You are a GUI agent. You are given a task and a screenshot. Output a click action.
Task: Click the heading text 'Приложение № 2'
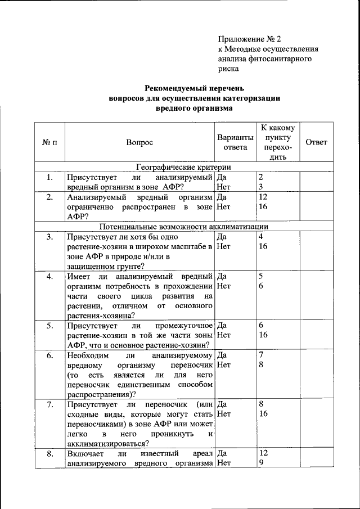pos(249,39)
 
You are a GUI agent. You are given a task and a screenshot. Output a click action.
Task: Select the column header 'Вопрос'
pos(139,142)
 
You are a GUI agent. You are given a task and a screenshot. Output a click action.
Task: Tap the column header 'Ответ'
pos(316,142)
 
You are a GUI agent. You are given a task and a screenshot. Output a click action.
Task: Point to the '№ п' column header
pos(49,142)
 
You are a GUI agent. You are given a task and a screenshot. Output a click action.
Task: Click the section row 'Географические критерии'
pos(183,167)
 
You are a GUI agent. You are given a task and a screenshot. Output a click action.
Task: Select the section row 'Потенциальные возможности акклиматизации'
pos(183,226)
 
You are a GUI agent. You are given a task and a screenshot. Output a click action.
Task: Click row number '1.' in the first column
pos(49,178)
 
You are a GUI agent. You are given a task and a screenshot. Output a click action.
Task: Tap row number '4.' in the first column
pos(49,276)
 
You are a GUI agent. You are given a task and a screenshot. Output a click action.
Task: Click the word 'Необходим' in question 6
pos(85,355)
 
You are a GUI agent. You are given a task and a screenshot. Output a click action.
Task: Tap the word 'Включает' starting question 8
pos(83,453)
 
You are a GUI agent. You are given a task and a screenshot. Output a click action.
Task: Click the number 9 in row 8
pos(261,463)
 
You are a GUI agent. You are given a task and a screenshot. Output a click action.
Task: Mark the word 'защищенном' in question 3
pos(89,266)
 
